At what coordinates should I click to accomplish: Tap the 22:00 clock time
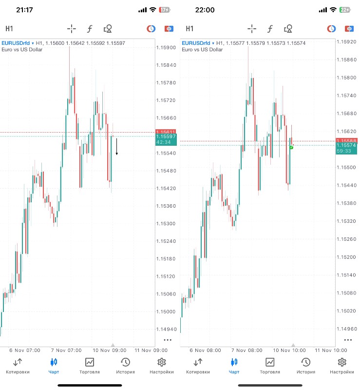pyautogui.click(x=205, y=10)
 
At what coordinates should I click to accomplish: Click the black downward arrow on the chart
pyautogui.click(x=116, y=146)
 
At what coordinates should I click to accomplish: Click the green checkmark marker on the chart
pyautogui.click(x=291, y=147)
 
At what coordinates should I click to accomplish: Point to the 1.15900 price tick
pyautogui.click(x=166, y=48)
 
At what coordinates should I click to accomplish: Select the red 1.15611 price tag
pyautogui.click(x=166, y=132)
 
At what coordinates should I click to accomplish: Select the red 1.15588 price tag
pyautogui.click(x=346, y=141)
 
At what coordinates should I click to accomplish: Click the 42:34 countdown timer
pyautogui.click(x=163, y=142)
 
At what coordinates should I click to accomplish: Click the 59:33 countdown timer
pyautogui.click(x=344, y=151)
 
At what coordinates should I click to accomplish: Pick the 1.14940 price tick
pyautogui.click(x=166, y=329)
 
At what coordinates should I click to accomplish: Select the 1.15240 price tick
pyautogui.click(x=166, y=241)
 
